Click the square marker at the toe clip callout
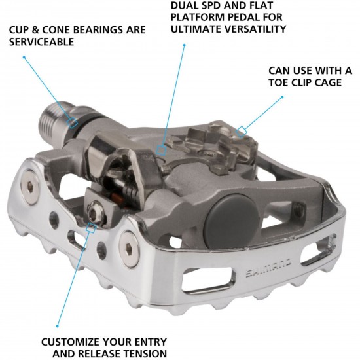pyautogui.click(x=242, y=131)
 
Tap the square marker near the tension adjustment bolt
pyautogui.click(x=91, y=228)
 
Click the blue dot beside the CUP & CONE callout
pyautogui.click(x=24, y=56)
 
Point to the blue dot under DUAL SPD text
pyautogui.click(x=185, y=45)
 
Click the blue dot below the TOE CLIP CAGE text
pyautogui.click(x=283, y=98)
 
